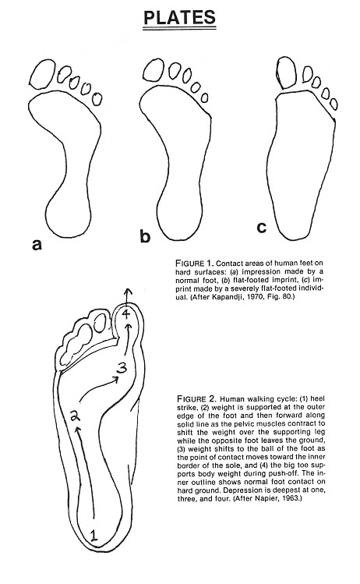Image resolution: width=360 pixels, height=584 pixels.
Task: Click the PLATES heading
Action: coord(180,16)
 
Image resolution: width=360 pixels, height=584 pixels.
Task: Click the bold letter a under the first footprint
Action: coord(36,246)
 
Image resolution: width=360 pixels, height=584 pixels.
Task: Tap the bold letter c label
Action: coord(263,228)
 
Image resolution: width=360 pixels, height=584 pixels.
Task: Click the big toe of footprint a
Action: coord(40,74)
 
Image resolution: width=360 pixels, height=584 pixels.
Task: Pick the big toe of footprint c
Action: coord(288,73)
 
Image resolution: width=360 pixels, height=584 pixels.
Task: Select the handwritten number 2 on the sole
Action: coord(76,416)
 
